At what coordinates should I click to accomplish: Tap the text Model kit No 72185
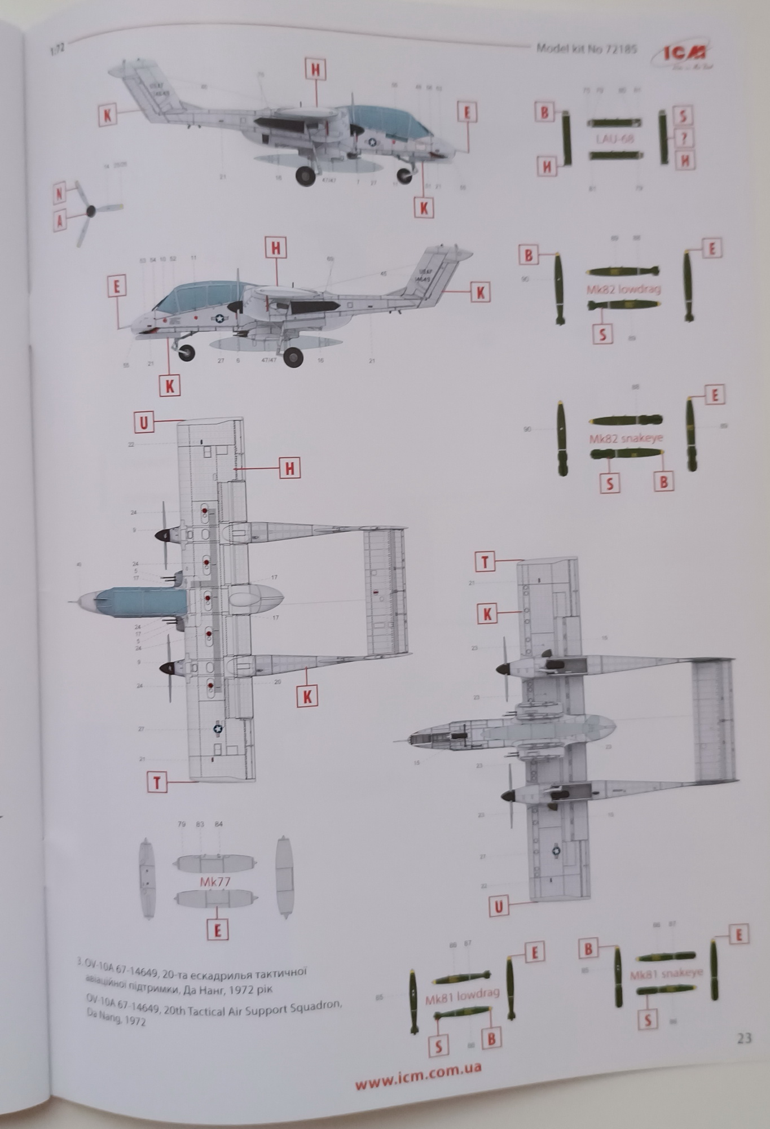(586, 49)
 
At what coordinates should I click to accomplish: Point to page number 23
(744, 1038)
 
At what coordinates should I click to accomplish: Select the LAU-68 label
(614, 138)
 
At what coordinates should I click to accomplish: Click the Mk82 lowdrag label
(623, 289)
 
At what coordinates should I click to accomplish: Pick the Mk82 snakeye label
(626, 438)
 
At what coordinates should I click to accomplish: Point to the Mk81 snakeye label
(666, 973)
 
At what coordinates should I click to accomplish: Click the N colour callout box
(60, 194)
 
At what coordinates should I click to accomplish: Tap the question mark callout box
(684, 138)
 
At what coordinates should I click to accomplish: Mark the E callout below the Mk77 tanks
(218, 930)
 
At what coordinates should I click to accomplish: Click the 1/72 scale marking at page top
(58, 48)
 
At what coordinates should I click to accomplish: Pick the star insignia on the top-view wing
(218, 729)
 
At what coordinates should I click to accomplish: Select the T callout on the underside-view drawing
(485, 562)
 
